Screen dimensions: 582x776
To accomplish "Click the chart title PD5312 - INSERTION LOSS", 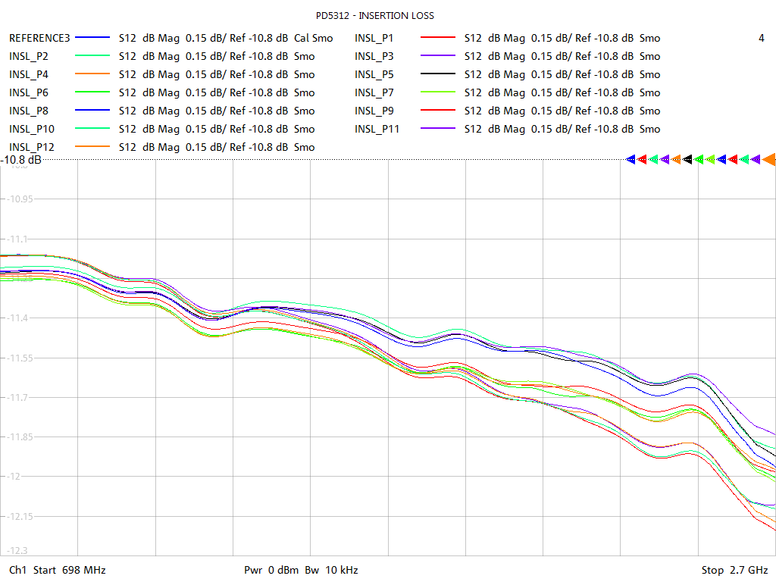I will point(375,15).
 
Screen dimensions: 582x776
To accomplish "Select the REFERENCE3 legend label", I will point(39,38).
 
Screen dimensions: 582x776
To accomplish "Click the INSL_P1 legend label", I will point(374,38).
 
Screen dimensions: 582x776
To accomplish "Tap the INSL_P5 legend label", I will point(374,74).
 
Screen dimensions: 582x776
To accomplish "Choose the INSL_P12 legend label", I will point(32,147).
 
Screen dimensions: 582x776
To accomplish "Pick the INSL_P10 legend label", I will point(32,129).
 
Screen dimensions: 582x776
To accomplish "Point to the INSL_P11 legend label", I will point(377,129).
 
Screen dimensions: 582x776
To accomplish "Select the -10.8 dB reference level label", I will point(21,160).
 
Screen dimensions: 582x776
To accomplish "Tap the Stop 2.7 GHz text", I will point(734,570).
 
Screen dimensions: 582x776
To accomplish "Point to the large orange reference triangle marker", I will point(768,159).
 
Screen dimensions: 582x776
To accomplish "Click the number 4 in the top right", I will point(761,38).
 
